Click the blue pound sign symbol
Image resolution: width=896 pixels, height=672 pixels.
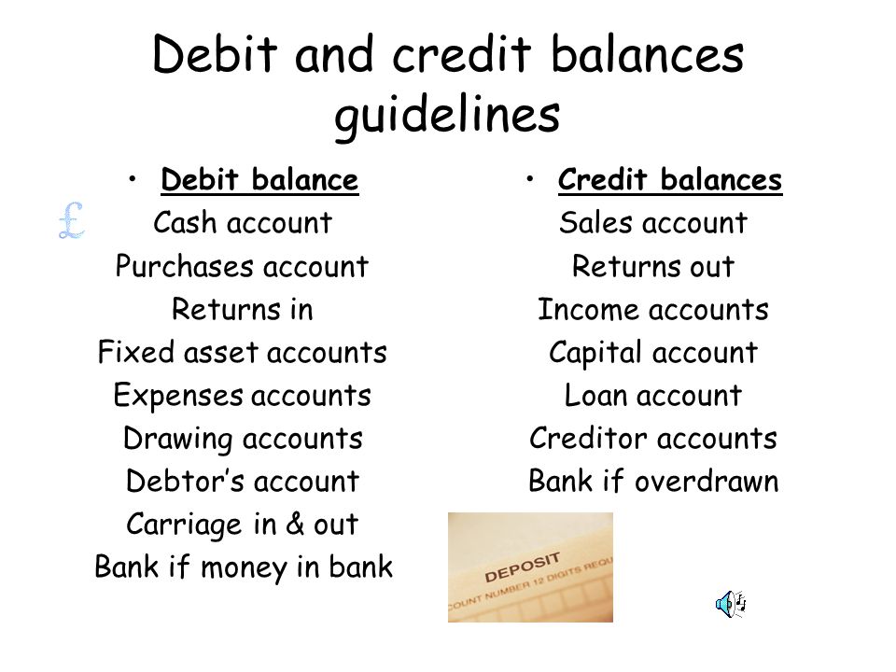(x=72, y=220)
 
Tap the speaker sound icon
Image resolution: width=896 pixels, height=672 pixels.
(x=731, y=604)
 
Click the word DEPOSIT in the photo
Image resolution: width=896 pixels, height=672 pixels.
(x=522, y=567)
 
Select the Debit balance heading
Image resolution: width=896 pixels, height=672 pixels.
(x=260, y=179)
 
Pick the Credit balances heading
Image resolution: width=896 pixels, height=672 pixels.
(x=670, y=179)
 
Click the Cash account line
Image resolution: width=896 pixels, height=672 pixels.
(x=243, y=222)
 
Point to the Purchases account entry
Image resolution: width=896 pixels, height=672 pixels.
(x=243, y=266)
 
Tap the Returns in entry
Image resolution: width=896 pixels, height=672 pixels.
(x=243, y=309)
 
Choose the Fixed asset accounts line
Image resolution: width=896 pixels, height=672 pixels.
(x=243, y=352)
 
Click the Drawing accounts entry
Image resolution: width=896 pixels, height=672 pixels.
(x=243, y=439)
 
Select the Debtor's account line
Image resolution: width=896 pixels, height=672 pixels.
(x=243, y=482)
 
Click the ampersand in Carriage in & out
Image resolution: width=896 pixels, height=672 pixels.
(x=295, y=524)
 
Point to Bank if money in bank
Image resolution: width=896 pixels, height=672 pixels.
(x=244, y=567)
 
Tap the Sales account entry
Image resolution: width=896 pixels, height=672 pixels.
(x=653, y=222)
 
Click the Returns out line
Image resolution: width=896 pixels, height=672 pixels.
(x=653, y=266)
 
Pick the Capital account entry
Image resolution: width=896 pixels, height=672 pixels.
(x=653, y=353)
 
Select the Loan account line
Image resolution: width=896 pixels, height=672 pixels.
(x=653, y=396)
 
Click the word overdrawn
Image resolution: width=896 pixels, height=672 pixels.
(x=707, y=482)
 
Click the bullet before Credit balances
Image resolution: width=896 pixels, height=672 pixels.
(x=530, y=179)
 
